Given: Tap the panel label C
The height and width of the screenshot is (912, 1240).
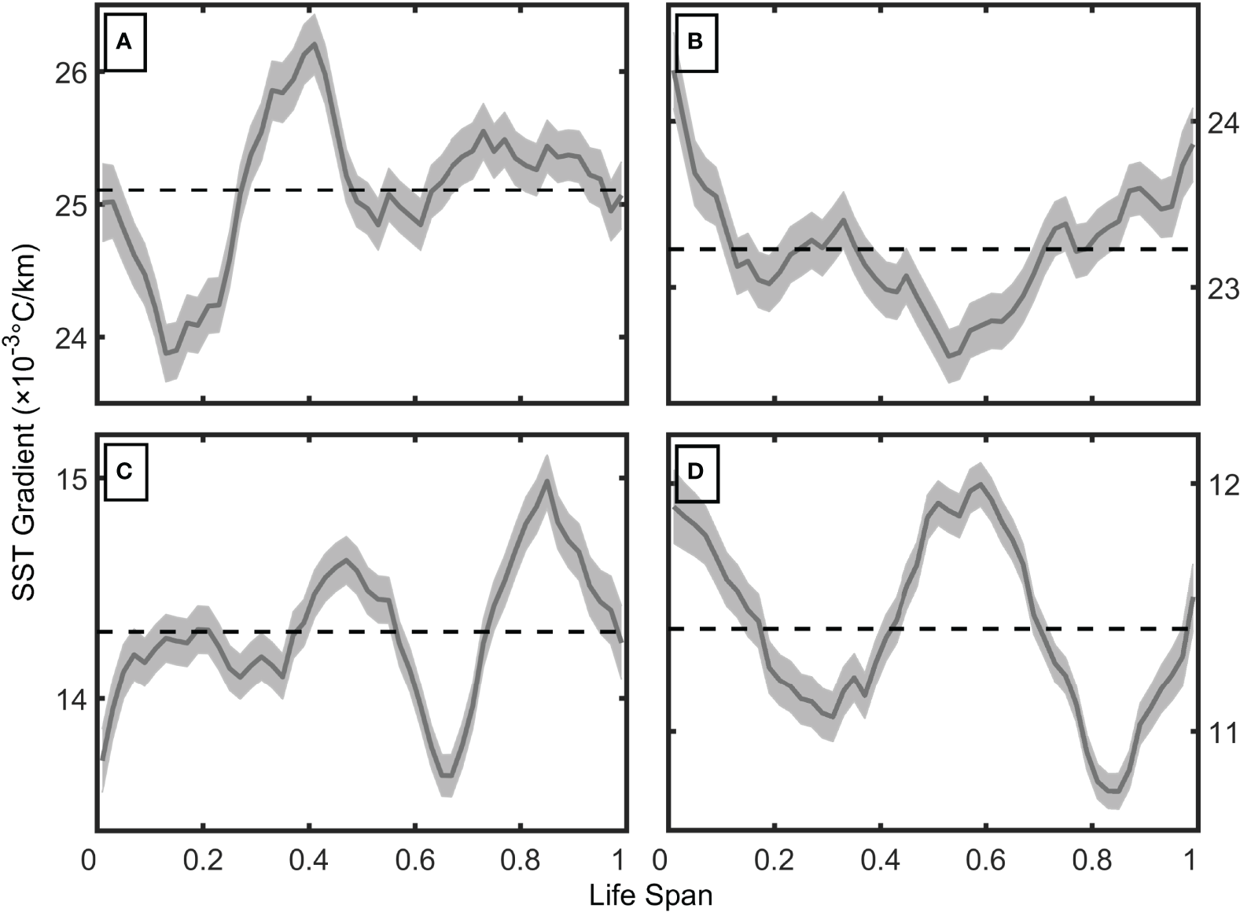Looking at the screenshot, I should click(123, 472).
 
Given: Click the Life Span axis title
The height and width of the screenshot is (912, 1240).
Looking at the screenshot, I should click(652, 895).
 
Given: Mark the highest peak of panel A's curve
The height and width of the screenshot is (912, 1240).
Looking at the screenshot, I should click(315, 44).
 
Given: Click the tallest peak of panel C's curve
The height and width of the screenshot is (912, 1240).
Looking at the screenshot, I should click(546, 480).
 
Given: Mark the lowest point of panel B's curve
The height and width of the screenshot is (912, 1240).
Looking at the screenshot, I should click(950, 356).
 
